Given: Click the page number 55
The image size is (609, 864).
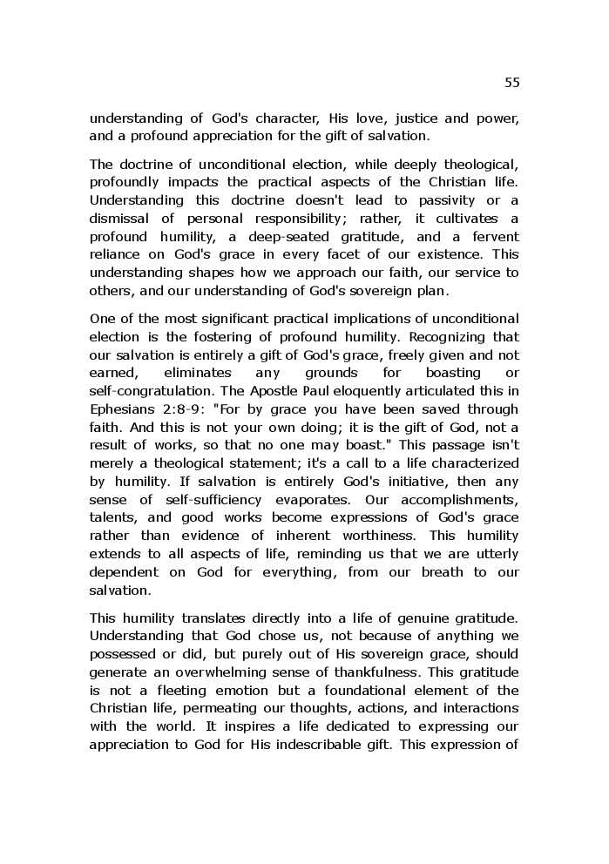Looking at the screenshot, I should (511, 83).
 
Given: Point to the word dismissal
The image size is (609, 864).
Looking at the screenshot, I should (121, 219).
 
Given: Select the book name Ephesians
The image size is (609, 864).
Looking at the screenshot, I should (122, 408).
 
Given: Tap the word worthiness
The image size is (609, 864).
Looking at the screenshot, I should (386, 536).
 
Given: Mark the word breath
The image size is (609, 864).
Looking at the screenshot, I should (429, 572).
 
